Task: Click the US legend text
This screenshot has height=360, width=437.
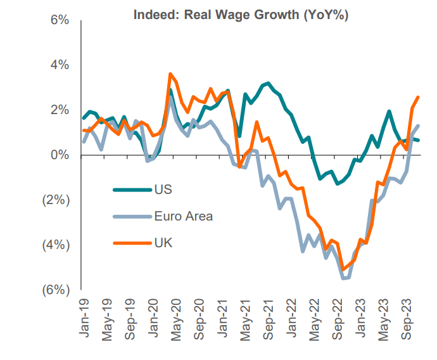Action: pyautogui.click(x=163, y=189)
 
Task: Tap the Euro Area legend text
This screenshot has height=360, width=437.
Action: pyautogui.click(x=183, y=216)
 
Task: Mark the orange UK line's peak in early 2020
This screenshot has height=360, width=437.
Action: pyautogui.click(x=170, y=74)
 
